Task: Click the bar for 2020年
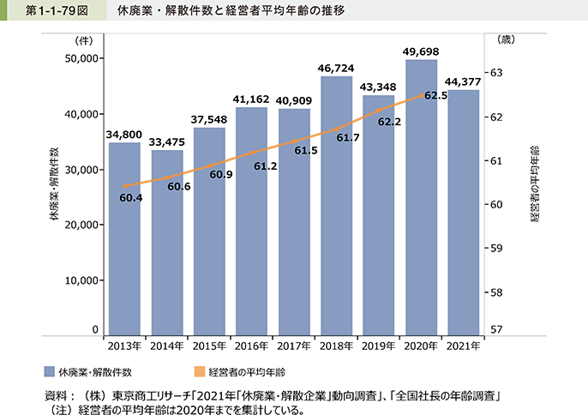tap(421, 197)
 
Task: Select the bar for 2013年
tap(124, 239)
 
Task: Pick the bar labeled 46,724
tap(336, 206)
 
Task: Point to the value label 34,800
tap(124, 134)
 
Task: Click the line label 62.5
tap(435, 96)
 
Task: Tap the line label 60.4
tap(131, 198)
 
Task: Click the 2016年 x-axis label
tap(251, 346)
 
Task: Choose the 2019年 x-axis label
tap(378, 346)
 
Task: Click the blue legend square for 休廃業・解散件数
tap(50, 372)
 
